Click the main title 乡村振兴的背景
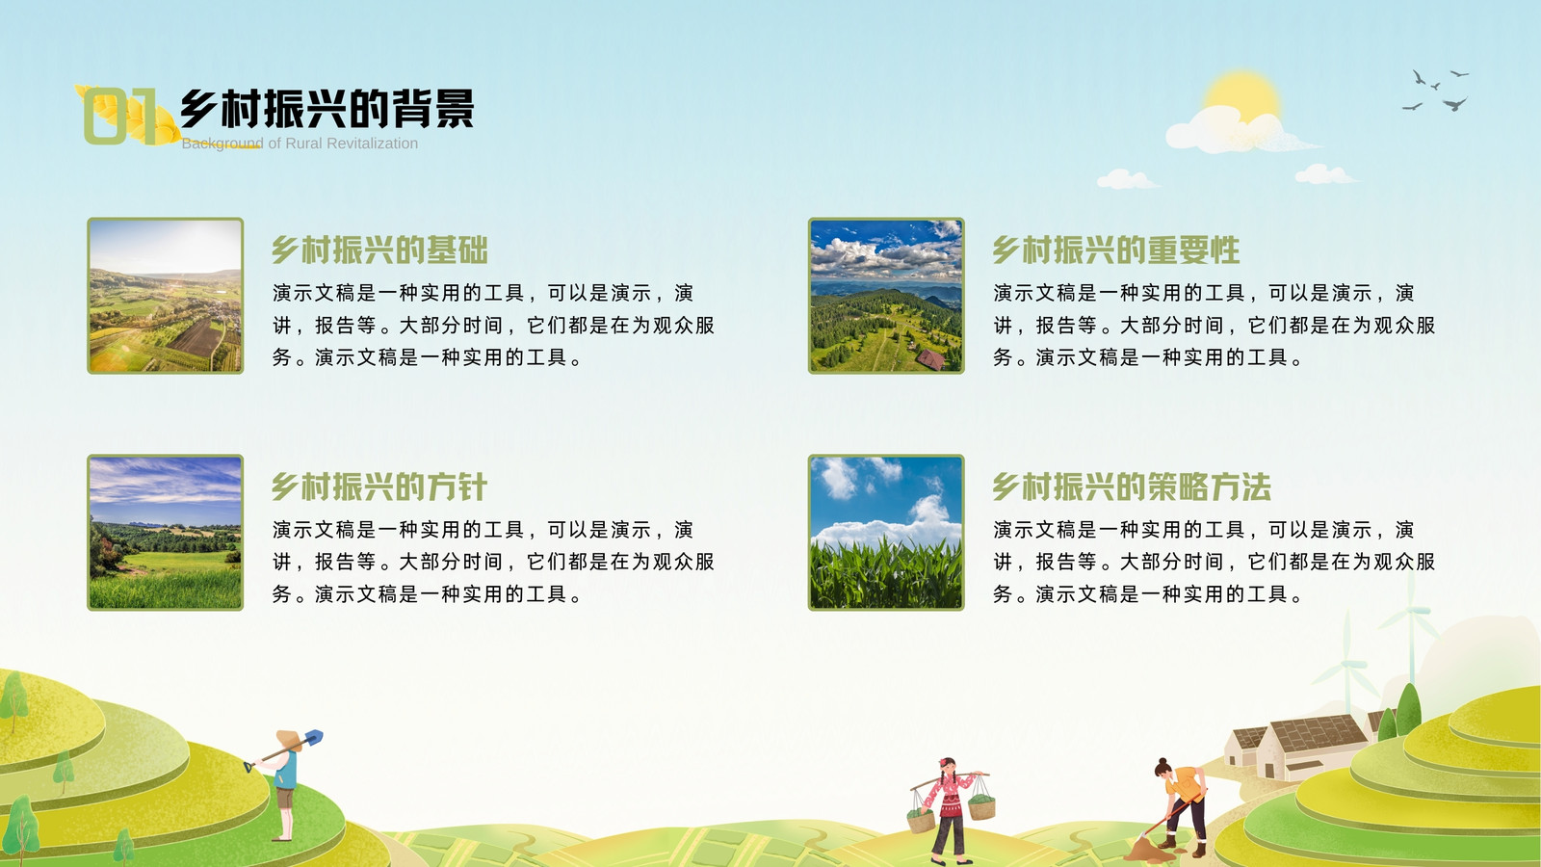(326, 109)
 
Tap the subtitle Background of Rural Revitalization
(300, 144)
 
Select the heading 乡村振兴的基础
(379, 250)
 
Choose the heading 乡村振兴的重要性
(1116, 250)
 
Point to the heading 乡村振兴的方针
(379, 486)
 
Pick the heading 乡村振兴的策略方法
(1132, 486)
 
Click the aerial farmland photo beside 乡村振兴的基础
(165, 296)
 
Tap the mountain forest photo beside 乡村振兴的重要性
(886, 296)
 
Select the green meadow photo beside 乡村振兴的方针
(165, 532)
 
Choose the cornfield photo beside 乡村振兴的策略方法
(886, 532)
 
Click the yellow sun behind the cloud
(1242, 92)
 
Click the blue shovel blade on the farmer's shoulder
(313, 738)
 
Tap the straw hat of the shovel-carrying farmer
(289, 741)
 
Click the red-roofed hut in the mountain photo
(930, 358)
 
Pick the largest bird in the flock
(1455, 104)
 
